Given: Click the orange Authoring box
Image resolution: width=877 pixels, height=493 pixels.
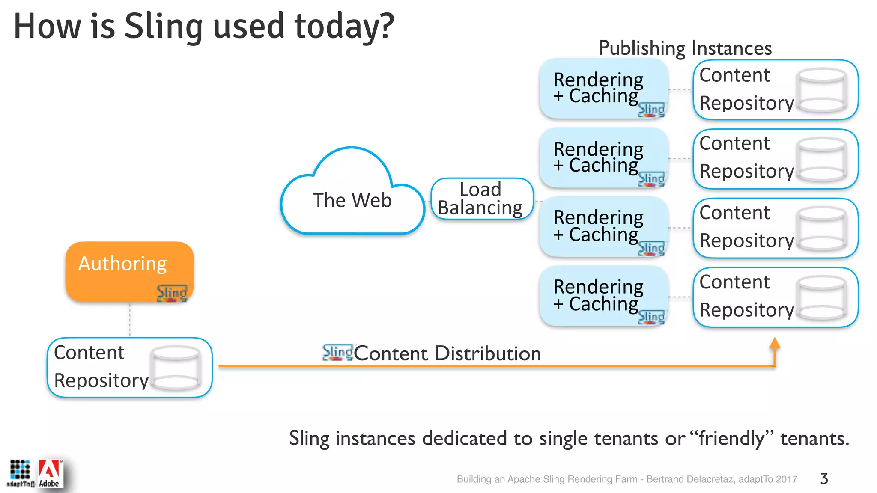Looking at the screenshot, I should tap(129, 271).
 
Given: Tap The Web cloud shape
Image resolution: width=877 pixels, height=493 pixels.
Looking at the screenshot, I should tap(352, 200).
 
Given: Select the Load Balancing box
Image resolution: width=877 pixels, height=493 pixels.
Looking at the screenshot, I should tap(482, 199).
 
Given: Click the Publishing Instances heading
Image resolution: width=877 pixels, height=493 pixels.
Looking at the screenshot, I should tap(684, 48).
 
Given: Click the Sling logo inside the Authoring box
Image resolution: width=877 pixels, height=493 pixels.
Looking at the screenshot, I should tap(172, 293).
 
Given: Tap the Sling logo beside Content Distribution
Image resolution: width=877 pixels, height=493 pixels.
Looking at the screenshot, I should tap(337, 352).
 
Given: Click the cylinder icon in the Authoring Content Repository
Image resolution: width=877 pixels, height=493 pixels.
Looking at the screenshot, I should tap(176, 368).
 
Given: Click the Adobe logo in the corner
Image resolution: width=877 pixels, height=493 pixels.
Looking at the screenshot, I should tap(50, 473).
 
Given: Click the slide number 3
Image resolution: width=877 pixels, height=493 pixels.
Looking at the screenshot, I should tap(824, 478).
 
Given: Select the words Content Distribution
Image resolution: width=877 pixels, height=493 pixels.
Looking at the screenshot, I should tap(447, 353).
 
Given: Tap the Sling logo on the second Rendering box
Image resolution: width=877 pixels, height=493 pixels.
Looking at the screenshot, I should tap(651, 179).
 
